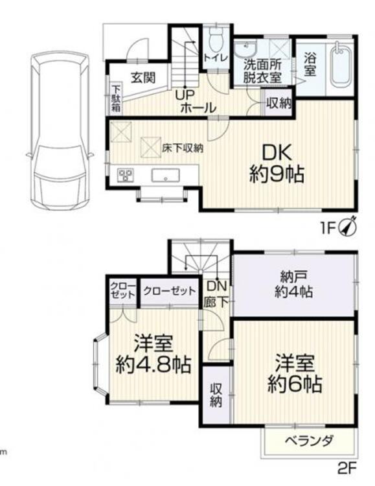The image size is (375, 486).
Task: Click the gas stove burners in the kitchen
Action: point(125,175)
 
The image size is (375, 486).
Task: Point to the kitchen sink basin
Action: point(166,176)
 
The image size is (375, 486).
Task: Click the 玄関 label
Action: point(143,78)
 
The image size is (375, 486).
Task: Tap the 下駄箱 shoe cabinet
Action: point(117,98)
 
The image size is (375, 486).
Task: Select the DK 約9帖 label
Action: point(277,163)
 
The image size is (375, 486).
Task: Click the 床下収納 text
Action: point(183,148)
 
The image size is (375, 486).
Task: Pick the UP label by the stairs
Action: point(185,95)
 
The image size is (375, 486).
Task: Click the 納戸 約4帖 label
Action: point(293,284)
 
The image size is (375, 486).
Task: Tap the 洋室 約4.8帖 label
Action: point(153,354)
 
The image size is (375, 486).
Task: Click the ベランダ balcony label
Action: point(310,441)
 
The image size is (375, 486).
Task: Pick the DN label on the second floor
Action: point(216,286)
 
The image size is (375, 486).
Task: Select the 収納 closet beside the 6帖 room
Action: point(216,395)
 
